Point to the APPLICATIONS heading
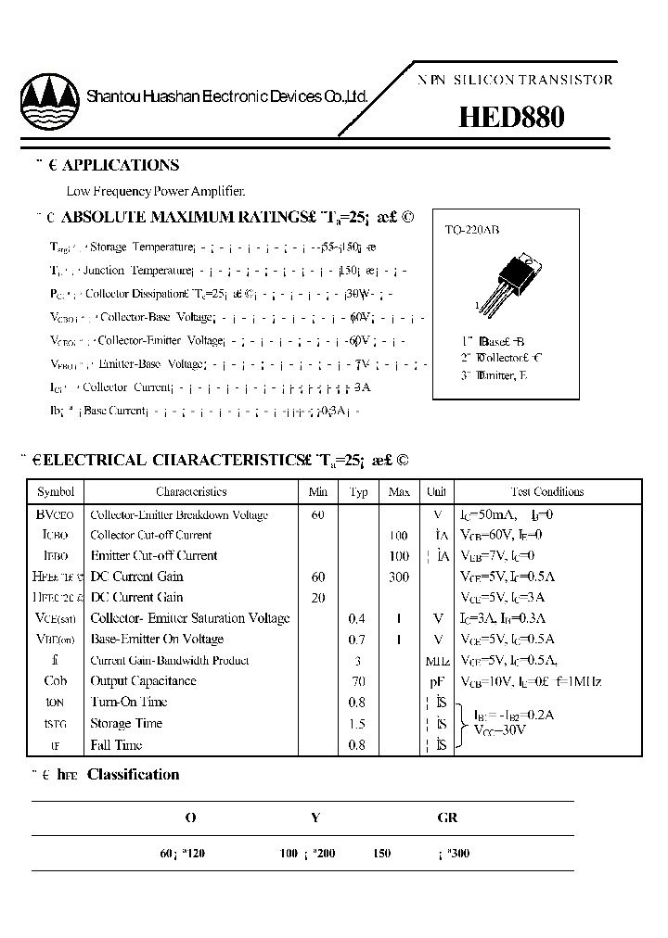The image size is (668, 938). (120, 166)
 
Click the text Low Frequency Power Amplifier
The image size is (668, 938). (156, 192)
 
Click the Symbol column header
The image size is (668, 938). (55, 492)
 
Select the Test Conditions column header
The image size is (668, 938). (547, 492)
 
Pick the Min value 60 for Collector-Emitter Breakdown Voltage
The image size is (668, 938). (318, 514)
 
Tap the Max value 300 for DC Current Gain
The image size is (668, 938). (399, 577)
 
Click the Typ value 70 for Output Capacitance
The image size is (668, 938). (358, 681)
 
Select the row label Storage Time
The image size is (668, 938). (126, 724)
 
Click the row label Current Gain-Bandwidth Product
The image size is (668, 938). (169, 661)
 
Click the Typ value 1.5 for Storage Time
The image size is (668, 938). (358, 724)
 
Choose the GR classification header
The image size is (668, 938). (447, 818)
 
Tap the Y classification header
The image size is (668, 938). (315, 818)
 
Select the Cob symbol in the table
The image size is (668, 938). (55, 681)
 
